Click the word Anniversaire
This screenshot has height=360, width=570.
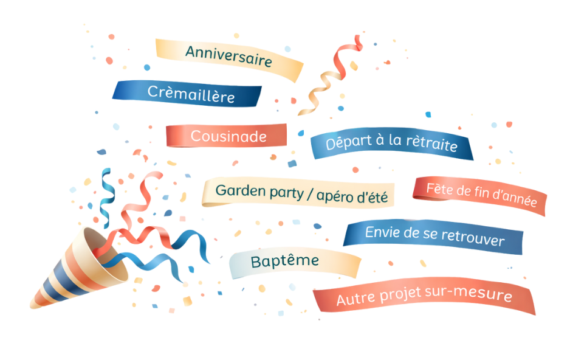[x=228, y=57]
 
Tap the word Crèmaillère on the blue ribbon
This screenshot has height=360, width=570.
[x=190, y=94]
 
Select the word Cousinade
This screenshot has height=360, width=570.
[x=228, y=136]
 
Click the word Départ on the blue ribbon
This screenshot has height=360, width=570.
[x=348, y=144]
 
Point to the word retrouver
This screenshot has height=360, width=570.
[x=473, y=239]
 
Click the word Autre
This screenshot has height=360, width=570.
[x=355, y=299]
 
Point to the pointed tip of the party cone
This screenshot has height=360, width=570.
[x=32, y=306]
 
